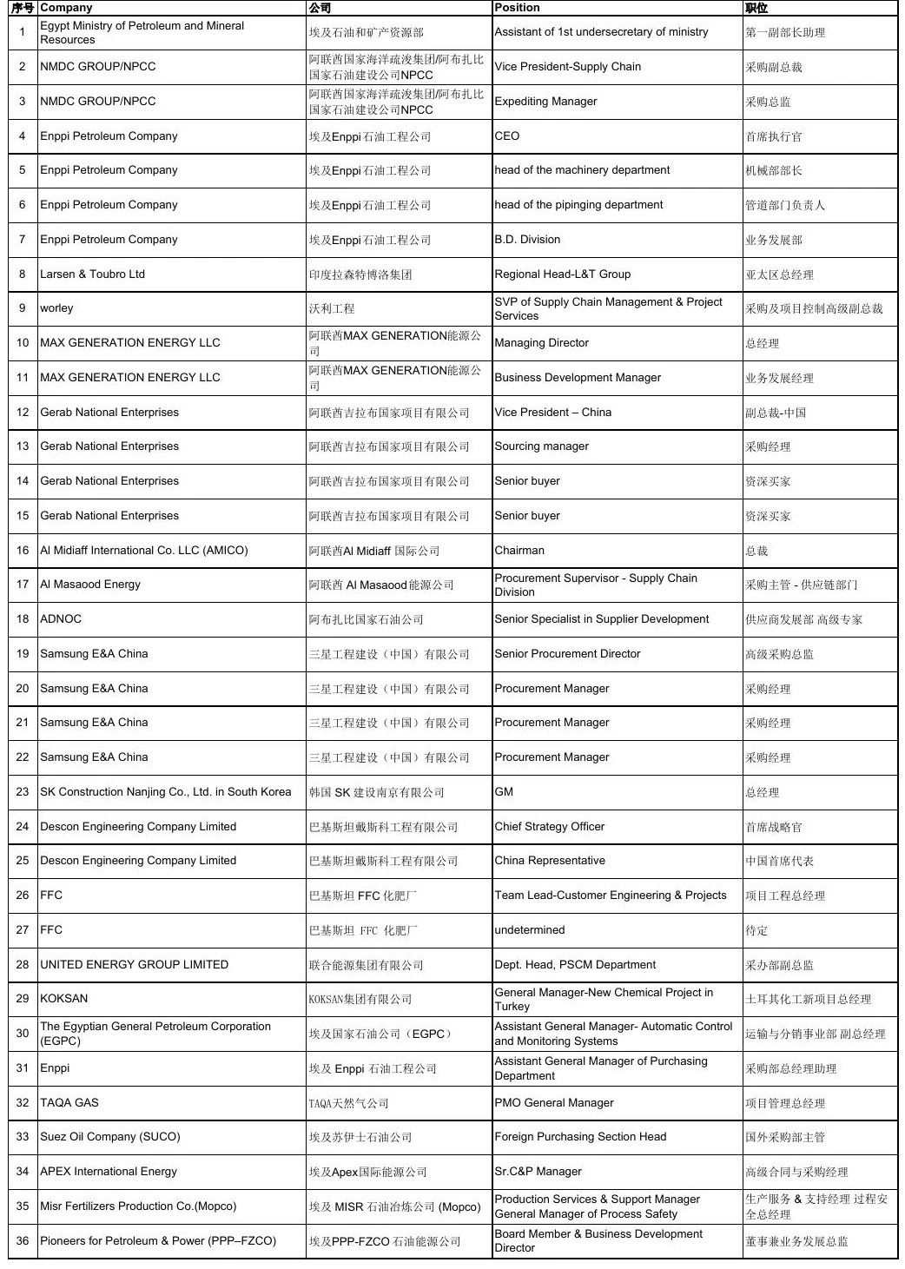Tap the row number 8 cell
23,274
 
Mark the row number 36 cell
23,1241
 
